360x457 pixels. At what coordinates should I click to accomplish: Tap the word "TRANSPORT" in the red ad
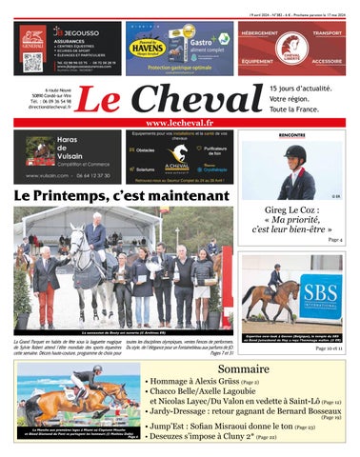[x=328, y=32]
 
